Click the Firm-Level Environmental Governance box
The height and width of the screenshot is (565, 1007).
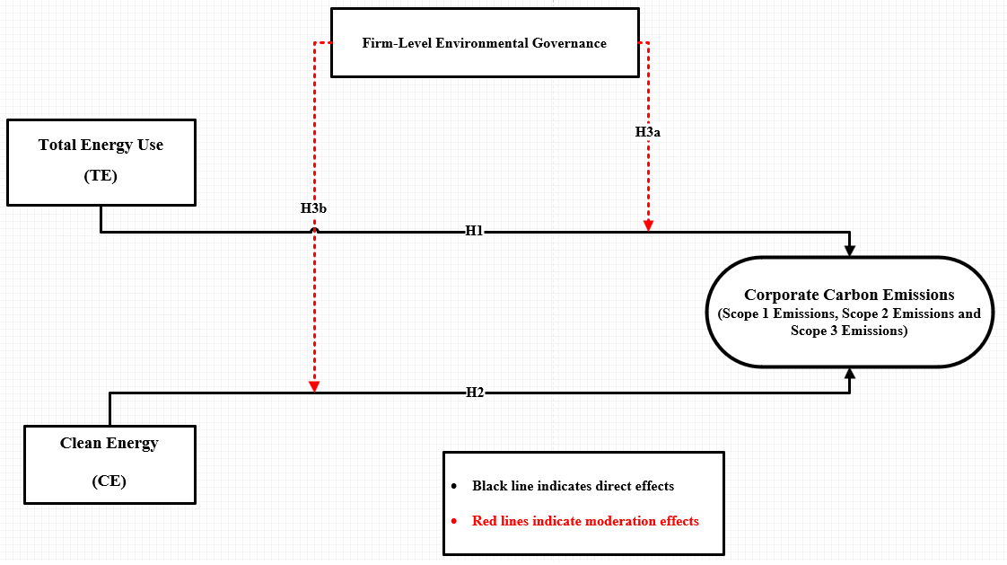485,42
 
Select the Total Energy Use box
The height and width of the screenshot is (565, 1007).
101,162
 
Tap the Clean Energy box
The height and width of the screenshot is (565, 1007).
109,463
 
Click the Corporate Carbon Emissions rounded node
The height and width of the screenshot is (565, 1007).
849,312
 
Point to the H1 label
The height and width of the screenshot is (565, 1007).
475,231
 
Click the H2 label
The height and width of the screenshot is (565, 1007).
475,393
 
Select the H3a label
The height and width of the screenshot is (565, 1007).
648,131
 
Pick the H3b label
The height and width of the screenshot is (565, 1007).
313,208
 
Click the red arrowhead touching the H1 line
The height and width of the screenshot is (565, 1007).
648,225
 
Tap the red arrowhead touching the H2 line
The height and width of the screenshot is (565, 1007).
314,387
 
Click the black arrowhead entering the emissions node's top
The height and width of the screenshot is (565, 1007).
850,250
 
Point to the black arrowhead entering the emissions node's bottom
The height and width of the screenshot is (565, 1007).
850,374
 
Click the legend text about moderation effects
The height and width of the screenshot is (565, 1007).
585,521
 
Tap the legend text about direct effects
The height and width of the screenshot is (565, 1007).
573,486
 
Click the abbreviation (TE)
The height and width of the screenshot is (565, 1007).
101,176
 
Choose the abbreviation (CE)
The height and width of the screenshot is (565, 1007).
109,481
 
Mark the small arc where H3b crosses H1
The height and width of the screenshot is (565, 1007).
314,230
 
